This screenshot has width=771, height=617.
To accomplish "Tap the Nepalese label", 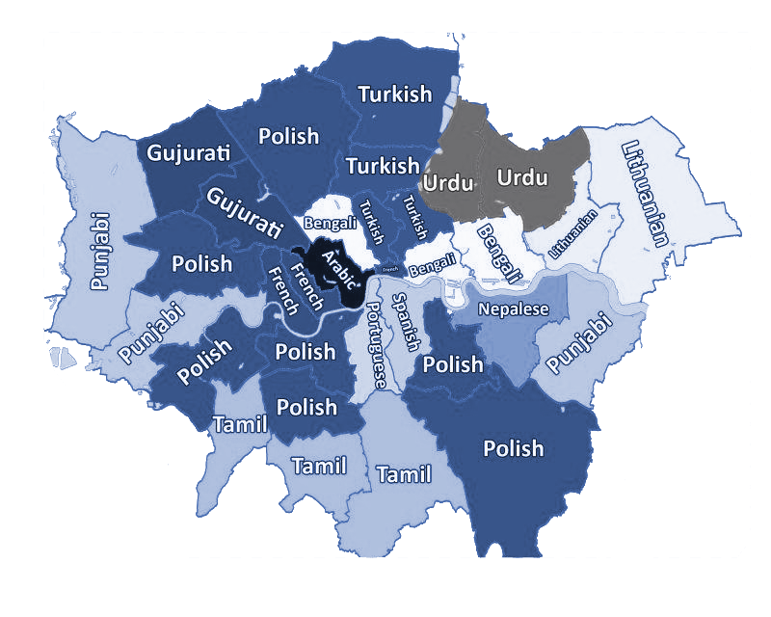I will click(x=514, y=309).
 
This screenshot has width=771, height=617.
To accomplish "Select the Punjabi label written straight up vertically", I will click(x=99, y=253).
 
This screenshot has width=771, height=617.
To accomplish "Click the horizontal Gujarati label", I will click(x=189, y=152).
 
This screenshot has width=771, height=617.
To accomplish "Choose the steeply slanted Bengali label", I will click(x=499, y=253).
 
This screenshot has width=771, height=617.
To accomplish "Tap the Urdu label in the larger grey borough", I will click(x=521, y=177).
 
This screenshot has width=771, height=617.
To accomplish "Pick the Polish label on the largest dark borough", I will click(x=513, y=448).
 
